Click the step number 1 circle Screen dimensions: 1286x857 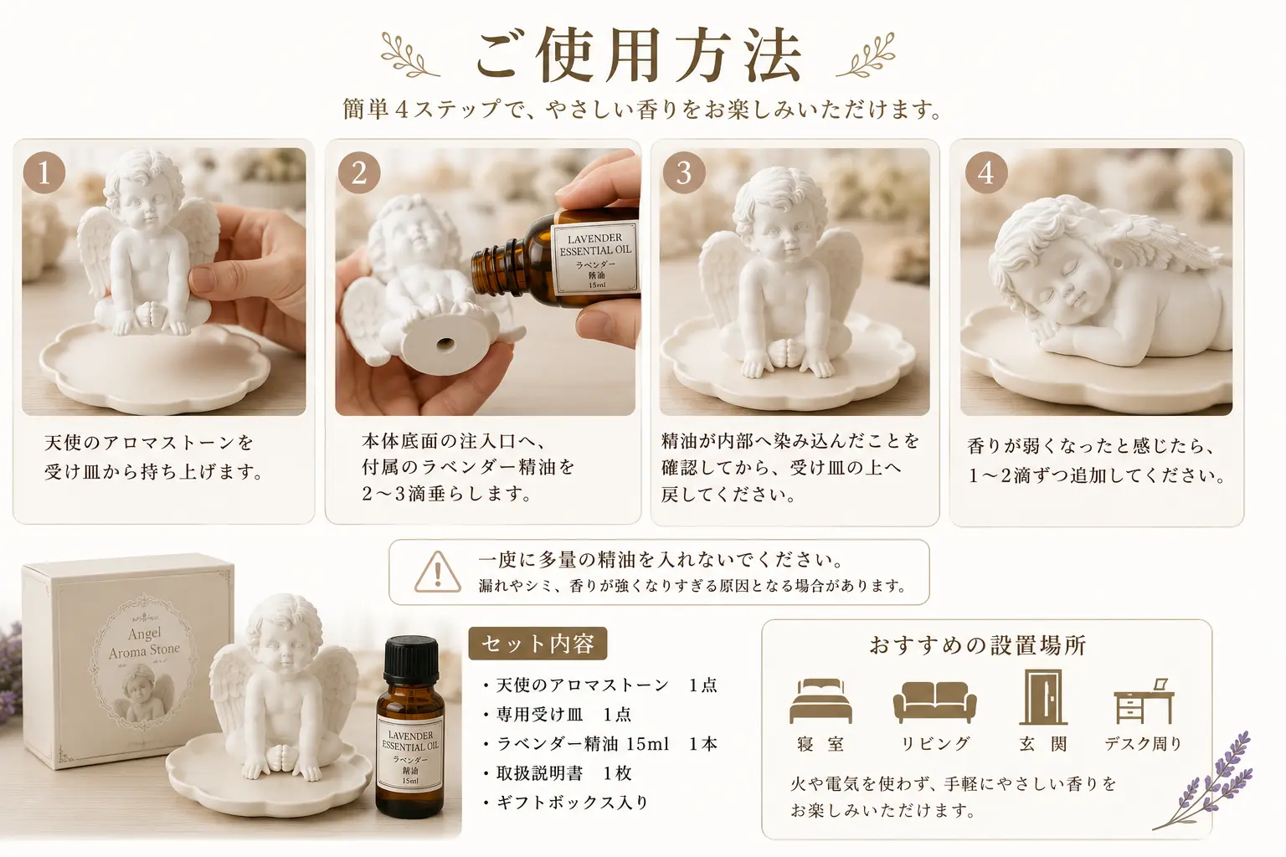tap(44, 172)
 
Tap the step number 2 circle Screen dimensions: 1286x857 tap(359, 172)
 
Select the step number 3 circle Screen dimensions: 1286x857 tap(683, 172)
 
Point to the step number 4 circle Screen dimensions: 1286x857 tap(986, 172)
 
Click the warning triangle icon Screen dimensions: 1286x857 tap(438, 572)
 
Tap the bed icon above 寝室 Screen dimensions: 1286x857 tap(820, 700)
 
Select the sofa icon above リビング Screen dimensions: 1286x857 tap(934, 702)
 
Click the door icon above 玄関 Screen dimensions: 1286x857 tap(1043, 697)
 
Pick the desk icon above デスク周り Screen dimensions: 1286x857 tap(1144, 701)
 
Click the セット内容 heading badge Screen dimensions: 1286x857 tap(538, 644)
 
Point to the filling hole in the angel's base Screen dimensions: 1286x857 tap(445, 345)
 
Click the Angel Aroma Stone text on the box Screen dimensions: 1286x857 tap(145, 642)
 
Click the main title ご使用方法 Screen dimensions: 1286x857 tap(639, 54)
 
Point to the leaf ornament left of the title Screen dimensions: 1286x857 tap(409, 54)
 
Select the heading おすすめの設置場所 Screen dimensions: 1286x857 tap(978, 646)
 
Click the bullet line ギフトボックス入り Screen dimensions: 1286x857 tap(566, 802)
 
